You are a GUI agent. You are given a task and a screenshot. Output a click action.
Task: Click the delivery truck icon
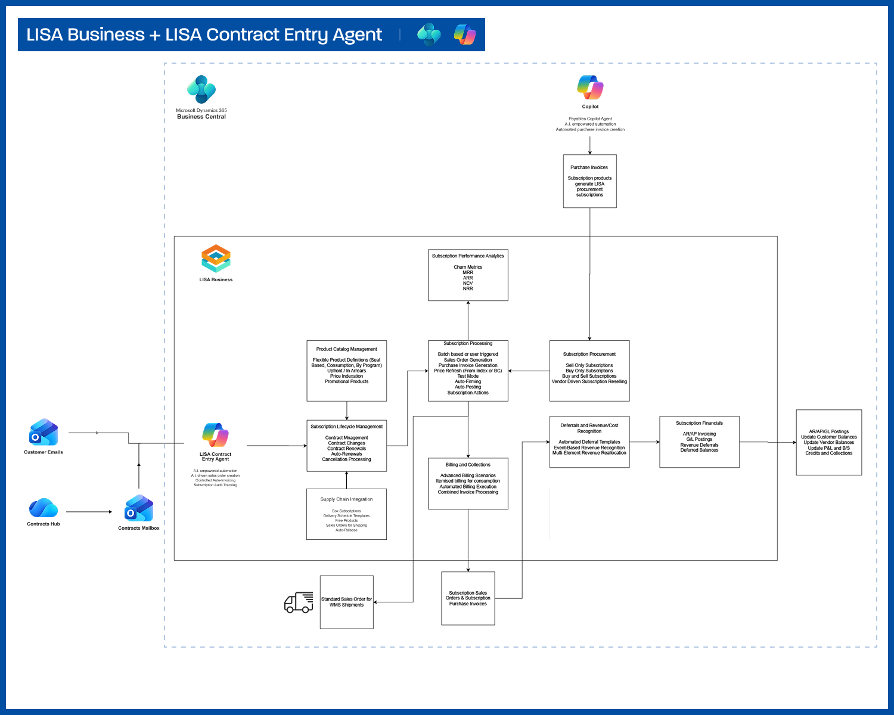[x=299, y=602]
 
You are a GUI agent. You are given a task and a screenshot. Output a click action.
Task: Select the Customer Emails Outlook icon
[x=44, y=433]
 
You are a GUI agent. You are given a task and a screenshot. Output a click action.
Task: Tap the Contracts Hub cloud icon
[x=44, y=508]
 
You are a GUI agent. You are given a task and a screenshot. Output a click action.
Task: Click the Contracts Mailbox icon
[x=139, y=508]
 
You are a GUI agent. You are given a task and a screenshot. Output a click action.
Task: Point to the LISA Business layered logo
[x=216, y=259]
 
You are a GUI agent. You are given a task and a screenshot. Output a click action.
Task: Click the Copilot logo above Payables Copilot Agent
[x=590, y=88]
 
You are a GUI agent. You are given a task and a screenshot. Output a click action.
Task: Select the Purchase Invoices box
[x=589, y=181]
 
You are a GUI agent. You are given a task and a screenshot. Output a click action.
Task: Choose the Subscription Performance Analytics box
[x=468, y=275]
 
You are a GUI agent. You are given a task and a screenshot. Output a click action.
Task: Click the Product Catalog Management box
[x=346, y=371]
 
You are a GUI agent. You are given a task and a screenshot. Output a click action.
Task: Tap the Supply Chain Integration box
[x=346, y=514]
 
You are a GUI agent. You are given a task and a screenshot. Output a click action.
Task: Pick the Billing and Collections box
[x=468, y=483]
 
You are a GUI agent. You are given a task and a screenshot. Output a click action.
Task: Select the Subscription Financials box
[x=699, y=442]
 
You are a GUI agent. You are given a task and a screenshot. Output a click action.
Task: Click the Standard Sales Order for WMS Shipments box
[x=346, y=602]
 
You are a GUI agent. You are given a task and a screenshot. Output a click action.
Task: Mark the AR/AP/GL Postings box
[x=828, y=442]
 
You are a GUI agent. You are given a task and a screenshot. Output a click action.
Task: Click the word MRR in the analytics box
[x=468, y=272]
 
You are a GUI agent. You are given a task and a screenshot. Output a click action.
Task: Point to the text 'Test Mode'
[x=468, y=376]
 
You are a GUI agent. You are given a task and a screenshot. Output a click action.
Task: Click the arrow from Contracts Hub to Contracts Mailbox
[x=89, y=512]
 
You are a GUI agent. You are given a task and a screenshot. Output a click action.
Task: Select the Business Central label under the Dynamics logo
[x=201, y=117]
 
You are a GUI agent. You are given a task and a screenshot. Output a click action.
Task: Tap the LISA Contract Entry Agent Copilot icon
[x=215, y=435]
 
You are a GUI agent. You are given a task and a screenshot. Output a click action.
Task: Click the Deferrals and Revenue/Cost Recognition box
[x=589, y=442]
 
